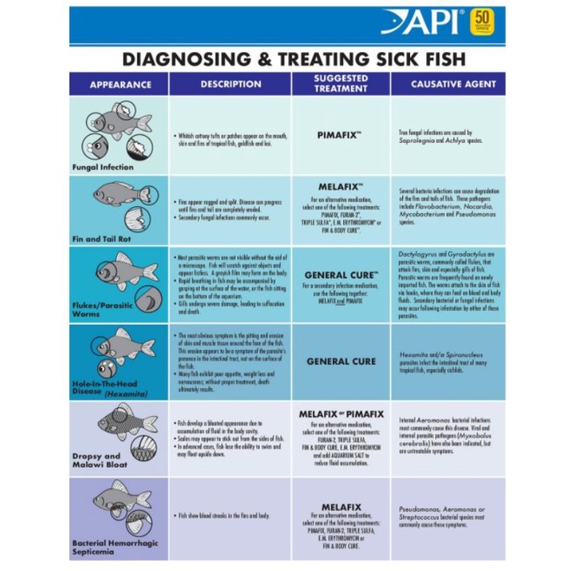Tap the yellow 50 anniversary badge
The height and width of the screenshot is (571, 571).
pos(482,19)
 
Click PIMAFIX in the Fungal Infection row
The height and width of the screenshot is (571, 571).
pos(339,136)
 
